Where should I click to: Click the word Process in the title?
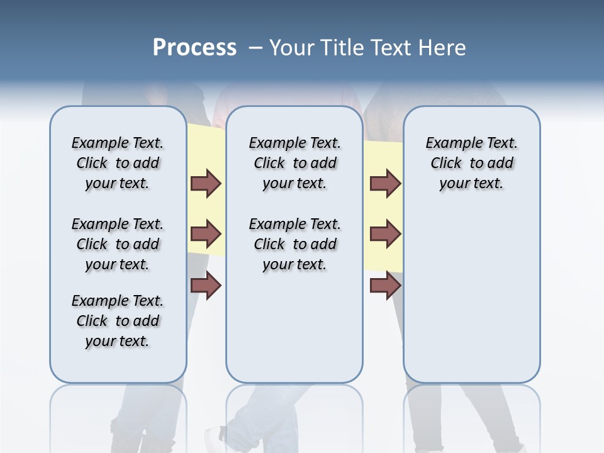[194, 48]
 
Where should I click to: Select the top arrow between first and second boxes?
[206, 184]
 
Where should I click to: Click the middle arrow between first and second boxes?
[206, 234]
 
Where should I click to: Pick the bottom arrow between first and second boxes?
[206, 285]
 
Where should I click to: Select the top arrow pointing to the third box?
[385, 184]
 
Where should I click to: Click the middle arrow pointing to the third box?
[385, 234]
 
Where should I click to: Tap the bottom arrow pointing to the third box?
[385, 285]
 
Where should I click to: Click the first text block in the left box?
[118, 163]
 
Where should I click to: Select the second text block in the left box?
[118, 244]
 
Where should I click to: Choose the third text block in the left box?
[118, 321]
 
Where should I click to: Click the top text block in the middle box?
[294, 163]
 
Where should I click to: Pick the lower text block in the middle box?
[294, 244]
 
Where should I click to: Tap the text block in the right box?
[471, 163]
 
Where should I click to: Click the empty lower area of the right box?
[471, 302]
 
